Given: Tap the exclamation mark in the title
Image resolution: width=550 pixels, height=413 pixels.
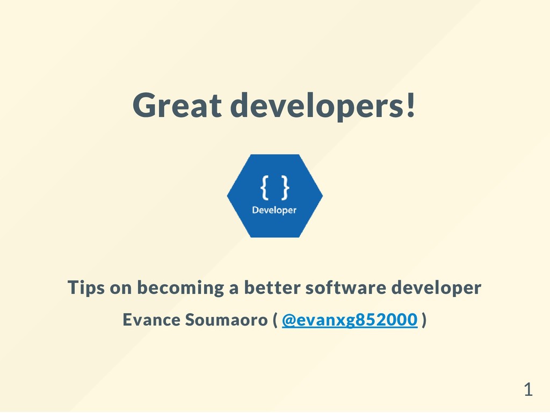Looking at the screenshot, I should point(410,105).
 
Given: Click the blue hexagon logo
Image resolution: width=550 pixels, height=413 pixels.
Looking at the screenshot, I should point(274,196).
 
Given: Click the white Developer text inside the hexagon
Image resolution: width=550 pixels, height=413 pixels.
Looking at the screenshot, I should point(274,210).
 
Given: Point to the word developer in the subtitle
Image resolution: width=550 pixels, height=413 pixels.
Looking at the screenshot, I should point(436,288).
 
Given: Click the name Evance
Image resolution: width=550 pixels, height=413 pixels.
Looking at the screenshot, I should point(151,320).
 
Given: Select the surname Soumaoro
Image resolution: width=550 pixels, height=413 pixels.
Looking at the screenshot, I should point(226,320).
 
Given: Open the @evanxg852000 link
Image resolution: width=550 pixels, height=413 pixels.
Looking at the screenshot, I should point(349,320).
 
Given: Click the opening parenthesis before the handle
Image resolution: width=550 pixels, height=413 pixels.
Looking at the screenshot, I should point(275,321).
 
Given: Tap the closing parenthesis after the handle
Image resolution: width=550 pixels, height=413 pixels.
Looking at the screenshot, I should point(424,321).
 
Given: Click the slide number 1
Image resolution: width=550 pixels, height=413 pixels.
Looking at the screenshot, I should point(529,390).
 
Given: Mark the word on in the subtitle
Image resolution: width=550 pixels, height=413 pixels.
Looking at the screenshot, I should point(120,288).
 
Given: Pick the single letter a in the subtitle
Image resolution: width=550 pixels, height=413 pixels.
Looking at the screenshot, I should point(234,288).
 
